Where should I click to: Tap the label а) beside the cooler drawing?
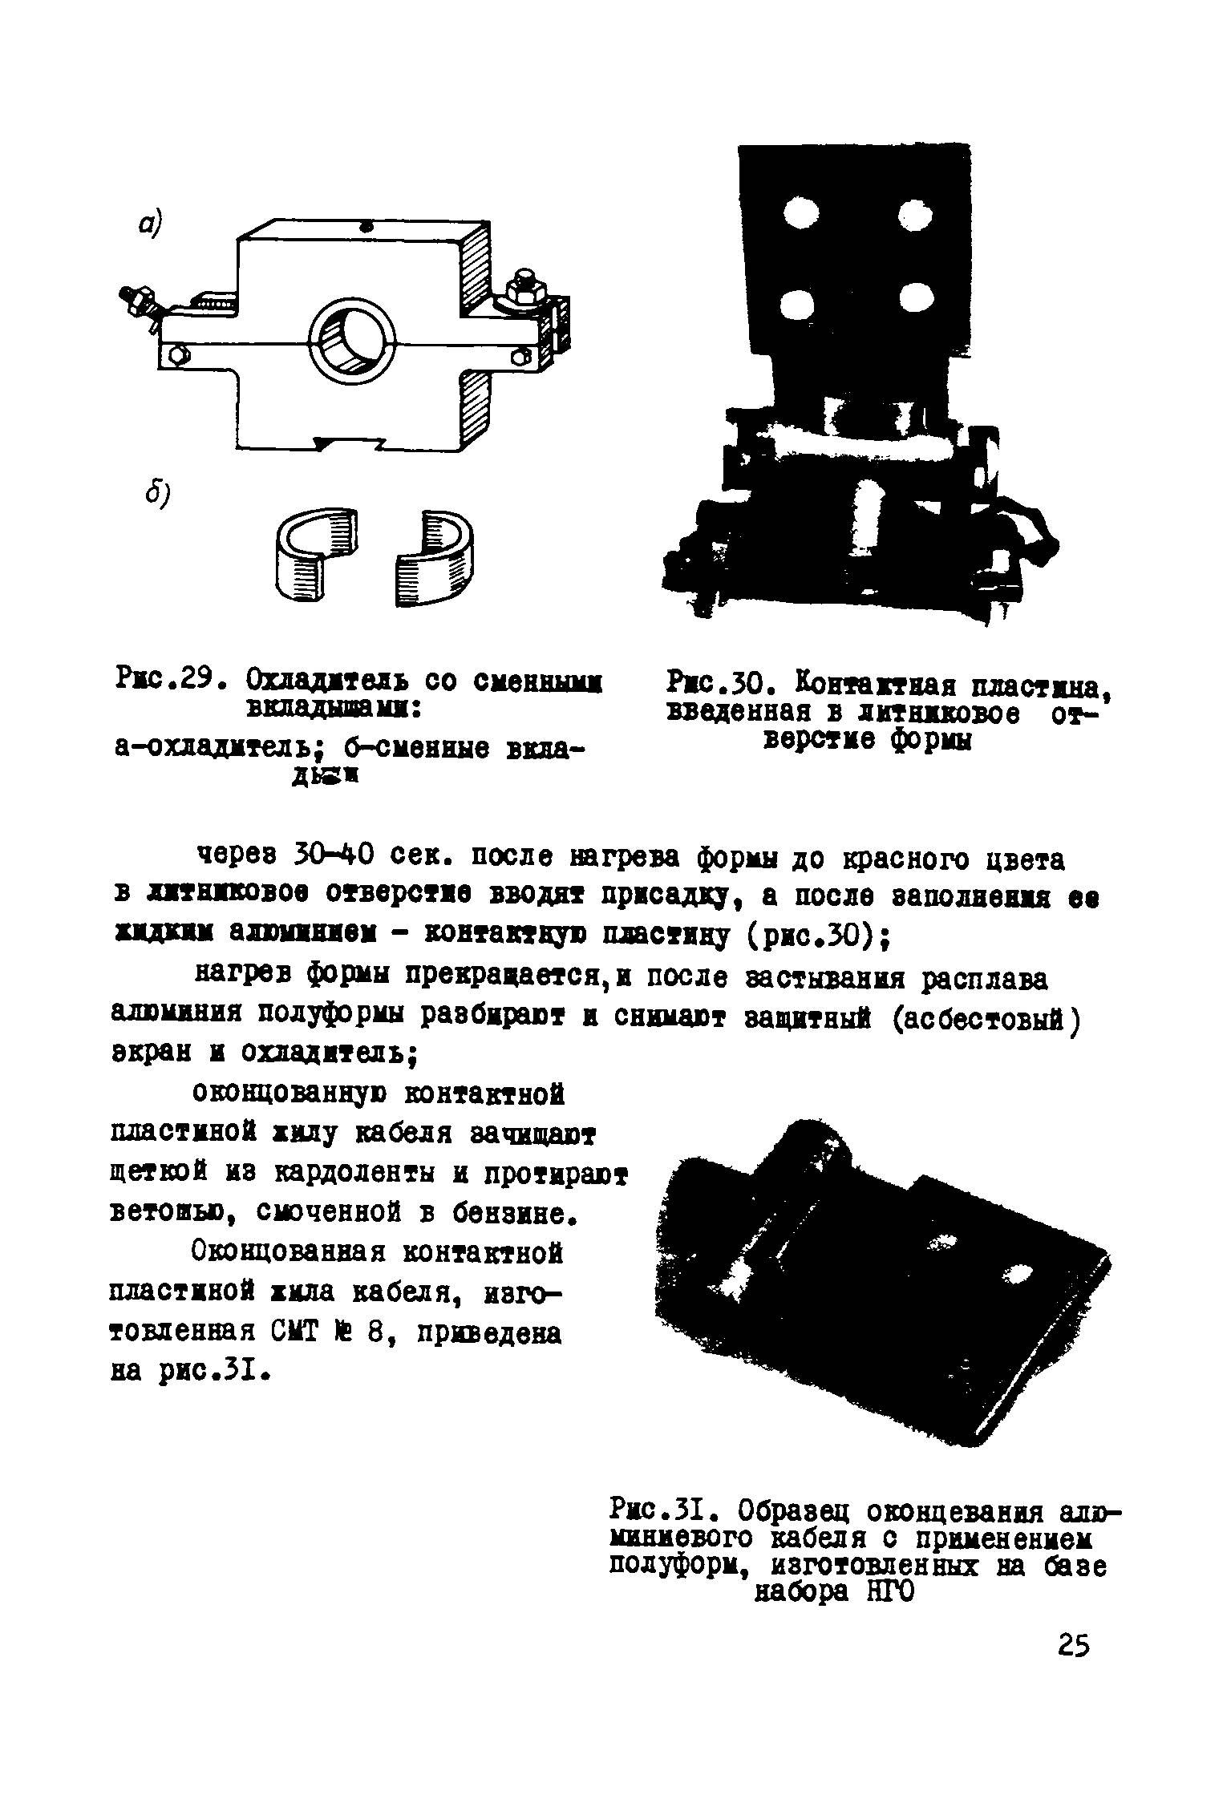click(149, 224)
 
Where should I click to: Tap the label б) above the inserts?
click(156, 495)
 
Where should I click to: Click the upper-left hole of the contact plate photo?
click(800, 214)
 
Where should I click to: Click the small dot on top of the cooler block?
click(367, 227)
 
